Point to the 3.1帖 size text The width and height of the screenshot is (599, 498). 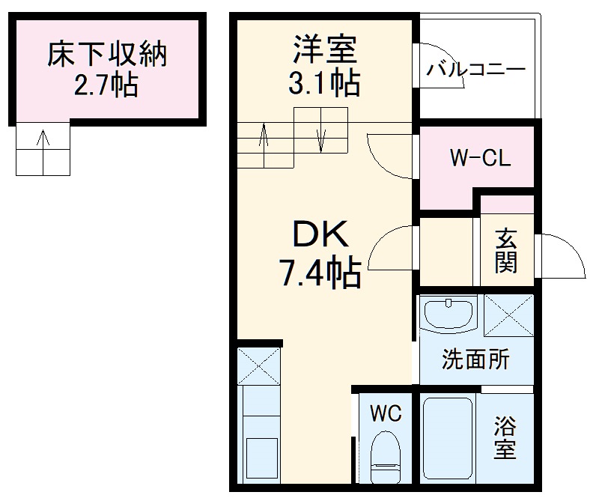pos(323,82)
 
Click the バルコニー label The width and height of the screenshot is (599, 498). pos(476,72)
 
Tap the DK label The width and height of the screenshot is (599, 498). pos(320,238)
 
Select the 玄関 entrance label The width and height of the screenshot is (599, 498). pos(505,252)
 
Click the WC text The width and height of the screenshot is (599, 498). pos(386,413)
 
